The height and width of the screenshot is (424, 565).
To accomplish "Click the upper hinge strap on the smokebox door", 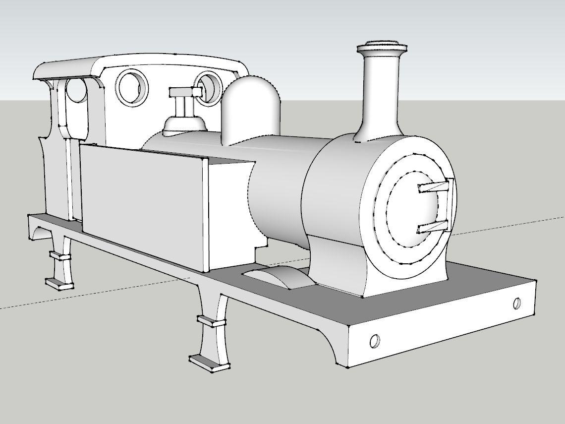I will (435, 186).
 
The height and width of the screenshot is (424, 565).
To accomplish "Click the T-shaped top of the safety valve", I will (185, 92).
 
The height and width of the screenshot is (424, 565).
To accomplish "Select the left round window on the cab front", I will (132, 86).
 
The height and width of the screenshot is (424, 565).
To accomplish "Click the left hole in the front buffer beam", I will (375, 341).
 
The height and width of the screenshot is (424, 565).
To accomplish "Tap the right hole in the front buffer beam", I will (517, 303).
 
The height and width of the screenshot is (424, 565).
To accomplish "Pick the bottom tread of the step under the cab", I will (59, 284).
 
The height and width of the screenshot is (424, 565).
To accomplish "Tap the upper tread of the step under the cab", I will (59, 256).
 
